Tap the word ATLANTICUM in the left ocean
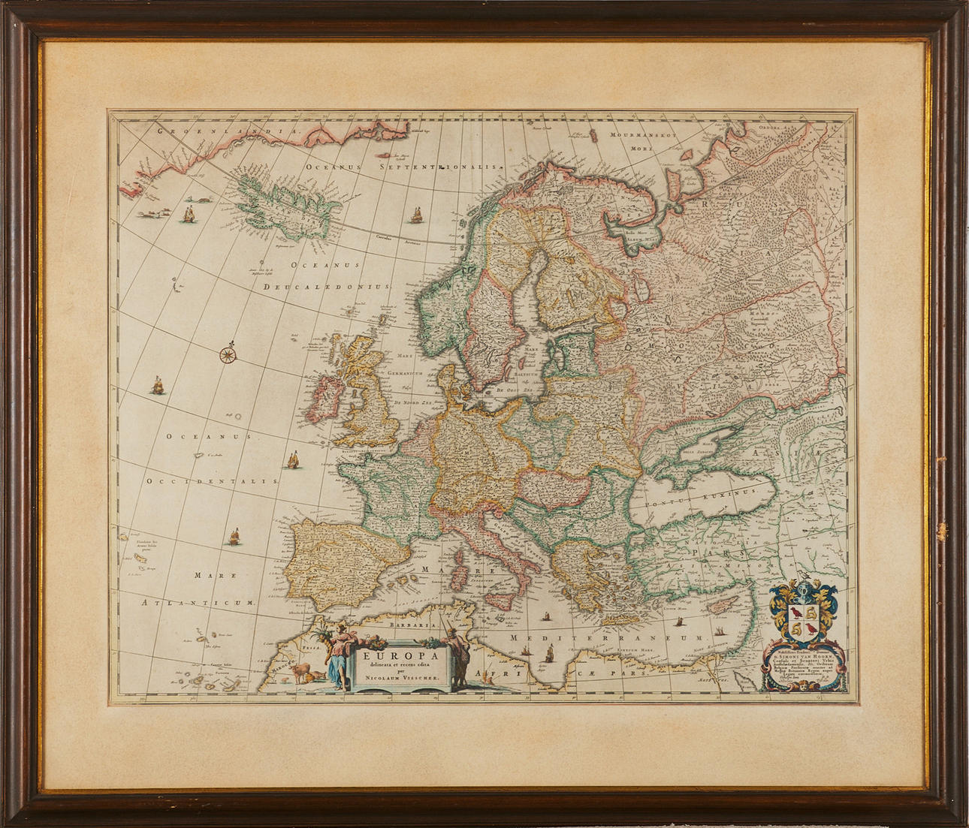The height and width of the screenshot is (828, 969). pyautogui.click(x=199, y=602)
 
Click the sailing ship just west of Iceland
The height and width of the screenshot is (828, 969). pyautogui.click(x=189, y=214)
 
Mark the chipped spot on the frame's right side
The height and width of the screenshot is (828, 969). pyautogui.click(x=936, y=531)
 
